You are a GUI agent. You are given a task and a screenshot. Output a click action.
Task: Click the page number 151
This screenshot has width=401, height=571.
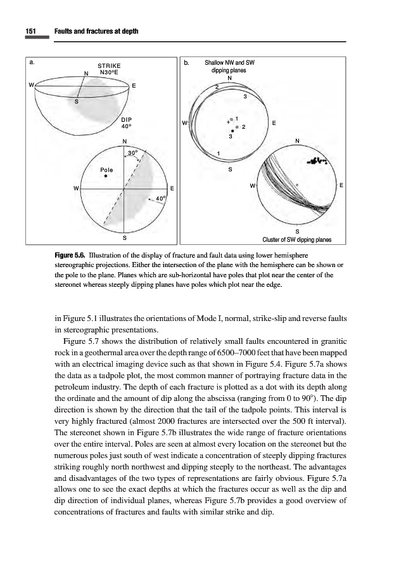[30, 32]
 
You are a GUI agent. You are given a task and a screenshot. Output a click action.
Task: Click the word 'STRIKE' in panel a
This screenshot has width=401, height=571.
[110, 65]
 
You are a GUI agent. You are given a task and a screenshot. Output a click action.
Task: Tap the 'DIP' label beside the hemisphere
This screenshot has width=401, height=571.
[127, 118]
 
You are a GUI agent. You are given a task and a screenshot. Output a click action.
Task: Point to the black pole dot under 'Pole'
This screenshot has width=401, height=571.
[106, 176]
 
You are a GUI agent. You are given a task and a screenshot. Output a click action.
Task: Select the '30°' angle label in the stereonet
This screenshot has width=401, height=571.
[133, 153]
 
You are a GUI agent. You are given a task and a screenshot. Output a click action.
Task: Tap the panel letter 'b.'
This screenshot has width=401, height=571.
[186, 63]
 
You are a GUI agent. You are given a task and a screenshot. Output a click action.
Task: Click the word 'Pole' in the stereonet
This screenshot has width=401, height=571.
[106, 169]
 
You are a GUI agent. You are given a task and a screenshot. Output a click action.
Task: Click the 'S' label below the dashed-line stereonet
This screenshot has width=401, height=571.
[124, 237]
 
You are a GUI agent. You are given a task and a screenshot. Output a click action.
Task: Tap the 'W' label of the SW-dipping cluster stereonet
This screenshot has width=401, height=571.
[252, 186]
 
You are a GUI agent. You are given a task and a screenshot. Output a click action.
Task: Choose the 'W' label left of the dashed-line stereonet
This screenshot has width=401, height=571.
[76, 188]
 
